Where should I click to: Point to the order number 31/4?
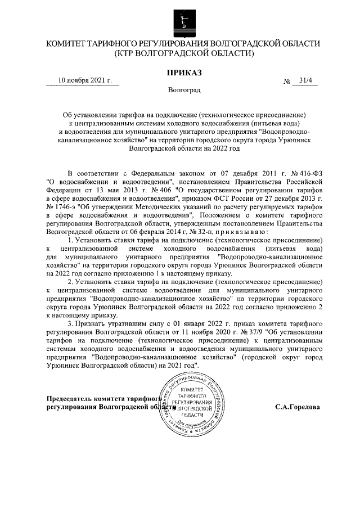tap(308, 80)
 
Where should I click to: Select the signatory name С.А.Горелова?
tap(298, 406)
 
